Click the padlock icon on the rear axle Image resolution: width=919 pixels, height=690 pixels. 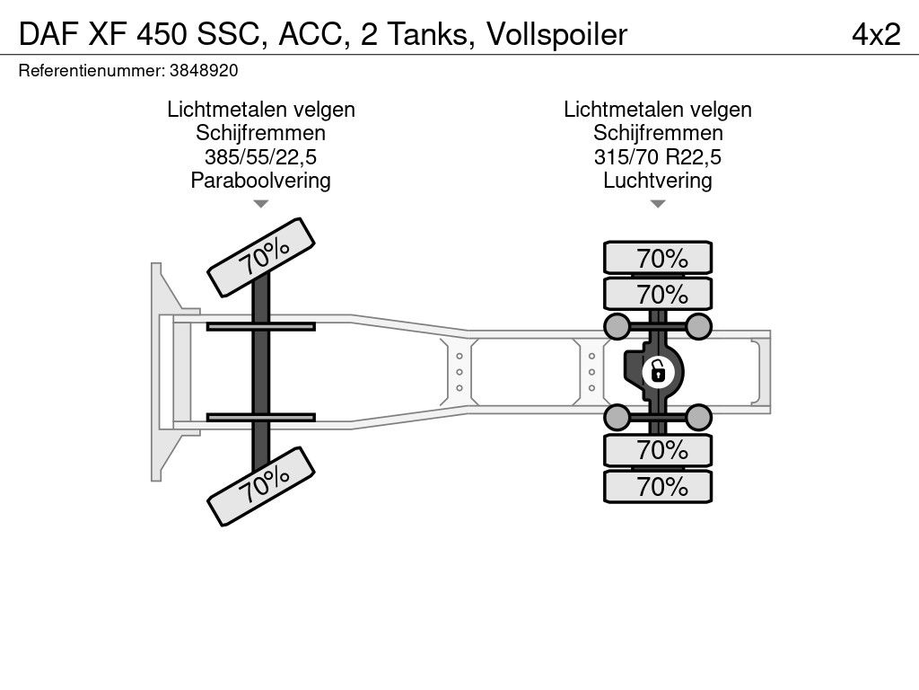(x=657, y=369)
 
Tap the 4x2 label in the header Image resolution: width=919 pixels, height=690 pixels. (x=876, y=35)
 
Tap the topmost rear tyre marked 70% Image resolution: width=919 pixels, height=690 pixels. (x=658, y=258)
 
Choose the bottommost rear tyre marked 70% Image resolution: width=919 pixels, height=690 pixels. (x=658, y=487)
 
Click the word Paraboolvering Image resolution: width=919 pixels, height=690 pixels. (x=260, y=181)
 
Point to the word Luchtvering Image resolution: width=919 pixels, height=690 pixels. (x=658, y=181)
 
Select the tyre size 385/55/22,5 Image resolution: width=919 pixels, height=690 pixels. (x=260, y=157)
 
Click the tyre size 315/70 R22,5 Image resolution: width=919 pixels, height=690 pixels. (x=658, y=157)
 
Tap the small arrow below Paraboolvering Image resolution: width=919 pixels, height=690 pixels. (x=260, y=205)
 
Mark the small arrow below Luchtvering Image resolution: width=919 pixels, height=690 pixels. (x=658, y=205)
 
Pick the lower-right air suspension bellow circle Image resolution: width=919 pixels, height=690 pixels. (x=699, y=416)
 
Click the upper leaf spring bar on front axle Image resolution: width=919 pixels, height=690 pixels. (x=260, y=326)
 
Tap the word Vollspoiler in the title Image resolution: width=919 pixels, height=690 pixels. (x=556, y=35)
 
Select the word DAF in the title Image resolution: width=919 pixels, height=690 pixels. (x=44, y=35)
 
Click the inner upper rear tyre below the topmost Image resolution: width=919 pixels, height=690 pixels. (x=658, y=294)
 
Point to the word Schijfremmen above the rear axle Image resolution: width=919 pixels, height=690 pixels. (x=658, y=134)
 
